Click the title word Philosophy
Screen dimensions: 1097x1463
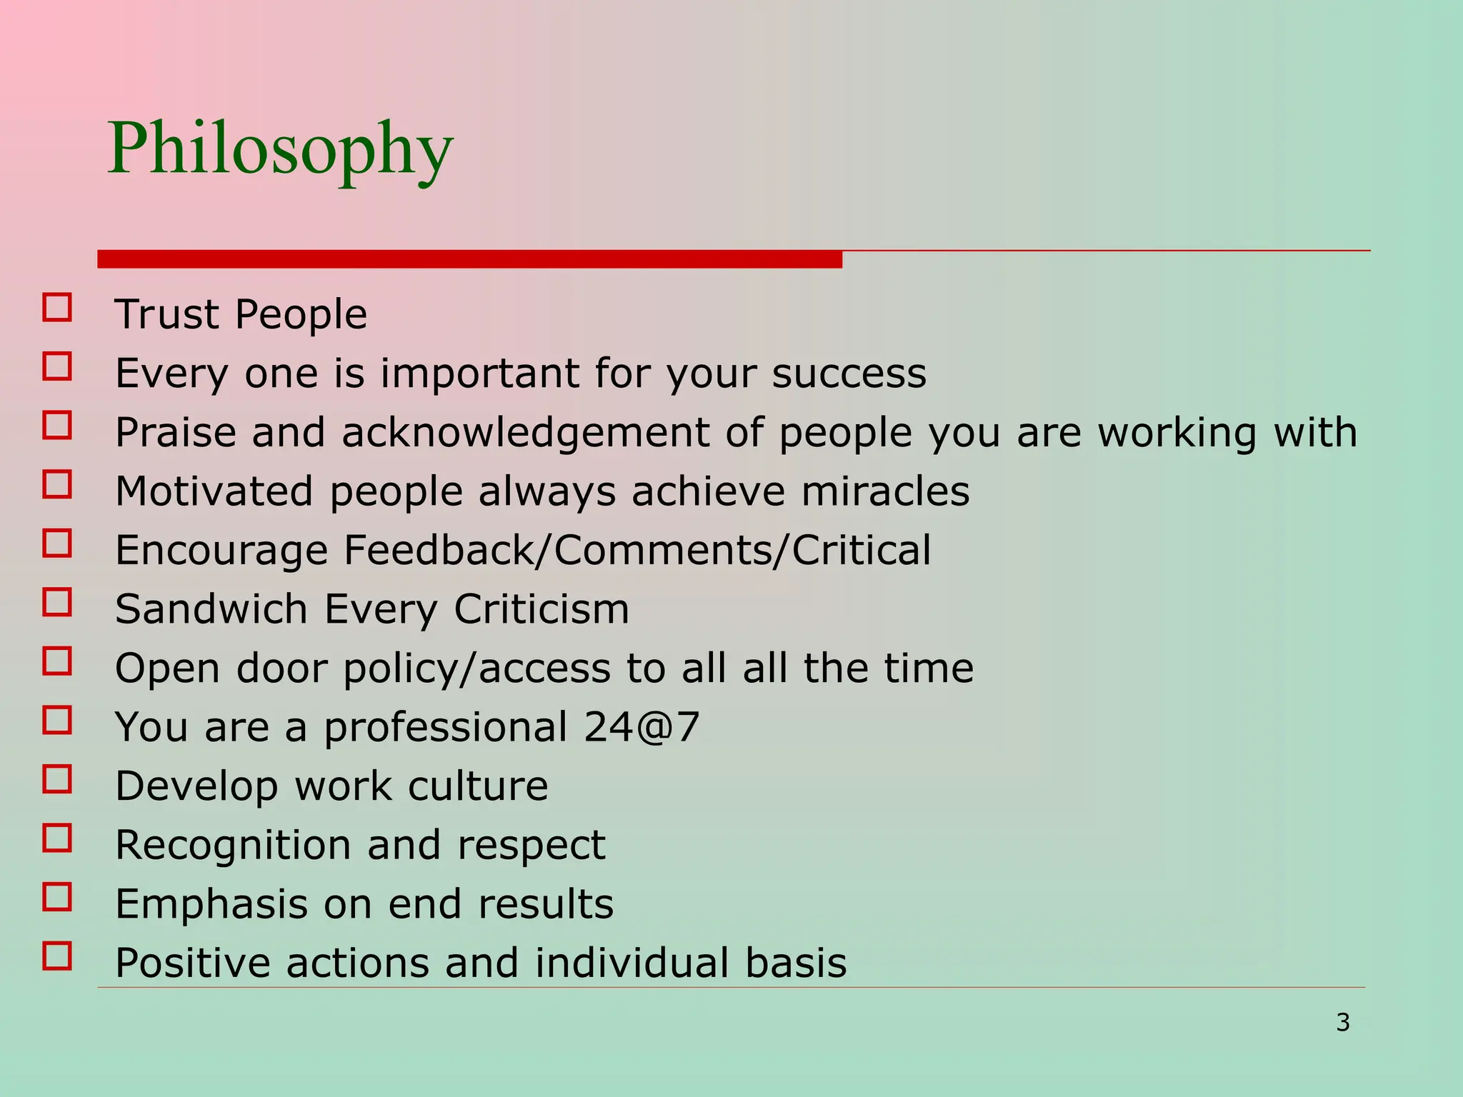pos(280,150)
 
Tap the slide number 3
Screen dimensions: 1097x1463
pos(1343,1023)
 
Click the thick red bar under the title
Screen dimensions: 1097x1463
pos(469,259)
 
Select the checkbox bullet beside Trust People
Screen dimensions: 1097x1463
pos(57,308)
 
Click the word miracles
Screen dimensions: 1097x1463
pos(885,491)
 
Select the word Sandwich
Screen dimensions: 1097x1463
pos(211,609)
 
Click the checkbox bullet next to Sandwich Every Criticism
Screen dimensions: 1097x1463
pos(57,602)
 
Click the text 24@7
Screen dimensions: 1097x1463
pos(641,727)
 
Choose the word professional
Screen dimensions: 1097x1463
pos(446,728)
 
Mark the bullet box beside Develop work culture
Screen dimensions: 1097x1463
pos(57,779)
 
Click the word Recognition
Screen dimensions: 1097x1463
pos(233,846)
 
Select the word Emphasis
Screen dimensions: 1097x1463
pos(211,904)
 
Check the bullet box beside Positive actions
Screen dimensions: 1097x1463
pos(57,956)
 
